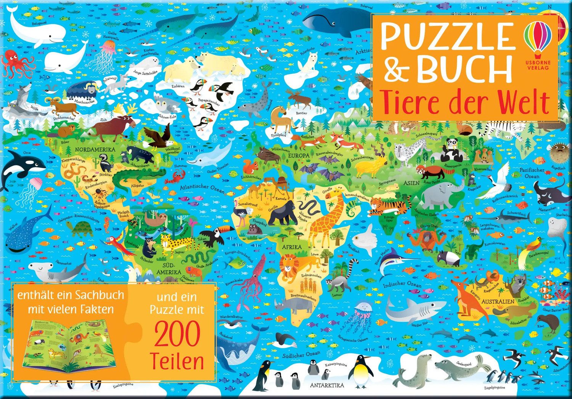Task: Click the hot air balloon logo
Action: click(538, 36)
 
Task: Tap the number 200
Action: click(177, 335)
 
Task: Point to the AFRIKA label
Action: click(292, 247)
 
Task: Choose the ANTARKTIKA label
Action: click(327, 385)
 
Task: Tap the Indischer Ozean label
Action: click(402, 285)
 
